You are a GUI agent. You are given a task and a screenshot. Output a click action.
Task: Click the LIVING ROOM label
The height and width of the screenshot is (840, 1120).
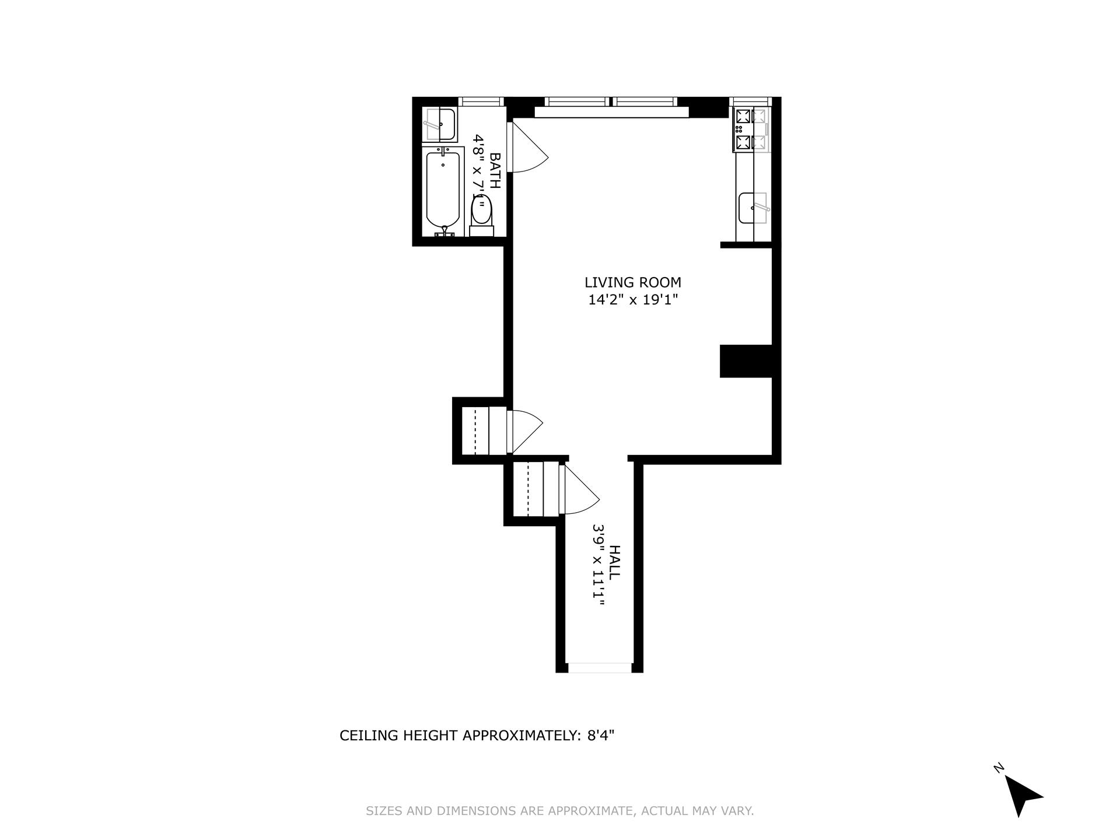point(633,282)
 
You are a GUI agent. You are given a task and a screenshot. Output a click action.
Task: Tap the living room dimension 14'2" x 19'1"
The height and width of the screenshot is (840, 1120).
point(633,300)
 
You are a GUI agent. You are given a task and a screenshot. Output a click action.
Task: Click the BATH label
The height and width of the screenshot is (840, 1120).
point(495,170)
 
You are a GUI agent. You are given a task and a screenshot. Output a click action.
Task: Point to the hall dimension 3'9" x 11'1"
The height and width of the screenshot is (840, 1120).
point(598,565)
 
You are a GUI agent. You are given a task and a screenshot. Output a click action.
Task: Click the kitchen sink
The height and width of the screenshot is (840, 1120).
point(753,208)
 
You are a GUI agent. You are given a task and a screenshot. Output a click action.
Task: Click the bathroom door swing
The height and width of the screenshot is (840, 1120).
point(528,149)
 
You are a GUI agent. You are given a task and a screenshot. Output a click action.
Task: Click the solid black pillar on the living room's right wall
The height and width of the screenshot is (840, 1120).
point(746,361)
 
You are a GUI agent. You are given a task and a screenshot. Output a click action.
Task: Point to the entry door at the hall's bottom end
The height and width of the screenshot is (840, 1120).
point(599,667)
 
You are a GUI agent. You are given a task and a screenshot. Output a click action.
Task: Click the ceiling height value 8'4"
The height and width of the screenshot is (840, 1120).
point(598,736)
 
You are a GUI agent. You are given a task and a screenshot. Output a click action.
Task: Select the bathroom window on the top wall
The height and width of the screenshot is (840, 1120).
point(481,101)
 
